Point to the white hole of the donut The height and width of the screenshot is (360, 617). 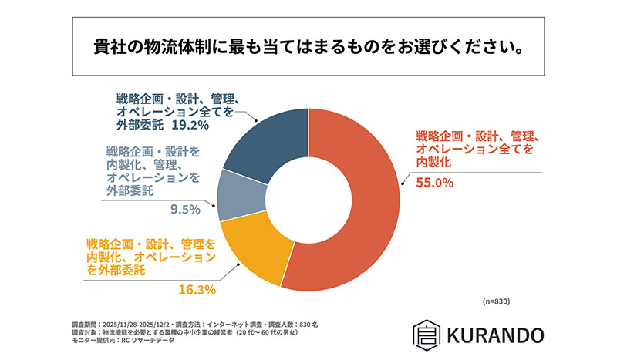[308, 200]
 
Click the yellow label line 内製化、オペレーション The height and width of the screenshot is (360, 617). [151, 258]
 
